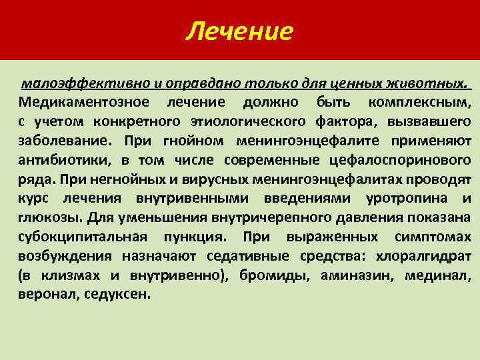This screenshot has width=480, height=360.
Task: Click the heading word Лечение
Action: click(x=239, y=31)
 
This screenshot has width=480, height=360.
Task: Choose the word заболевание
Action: click(x=61, y=141)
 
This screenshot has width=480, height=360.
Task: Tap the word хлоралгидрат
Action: click(x=423, y=256)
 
